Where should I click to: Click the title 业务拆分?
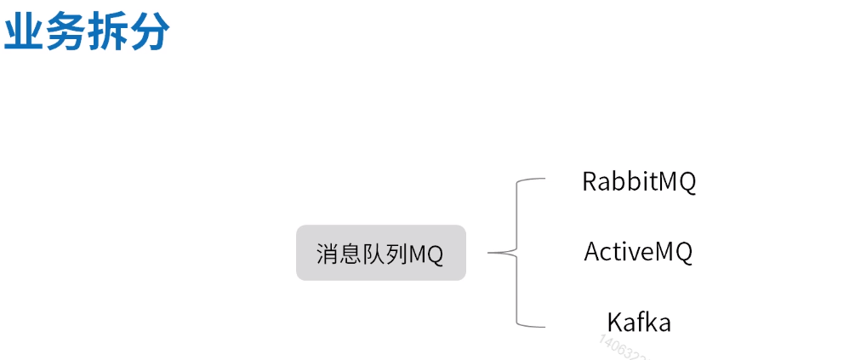[87, 33]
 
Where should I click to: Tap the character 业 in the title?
[24, 33]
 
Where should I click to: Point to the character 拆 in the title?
[108, 33]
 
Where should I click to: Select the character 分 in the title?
[150, 33]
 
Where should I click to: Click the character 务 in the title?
[66, 33]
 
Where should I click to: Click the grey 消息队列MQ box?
[380, 253]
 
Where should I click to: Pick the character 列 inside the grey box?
[397, 254]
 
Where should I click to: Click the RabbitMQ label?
[639, 182]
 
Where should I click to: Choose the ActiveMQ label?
[638, 252]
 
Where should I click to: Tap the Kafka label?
[639, 323]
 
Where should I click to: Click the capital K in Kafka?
[614, 323]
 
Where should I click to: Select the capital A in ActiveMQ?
[593, 252]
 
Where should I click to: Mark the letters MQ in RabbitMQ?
[679, 182]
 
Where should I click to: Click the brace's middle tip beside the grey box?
[492, 253]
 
